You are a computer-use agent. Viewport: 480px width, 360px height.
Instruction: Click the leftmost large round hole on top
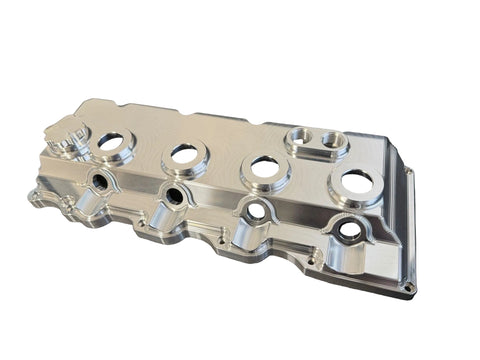tap(111, 141)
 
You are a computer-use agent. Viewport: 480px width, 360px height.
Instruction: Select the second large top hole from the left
tap(183, 153)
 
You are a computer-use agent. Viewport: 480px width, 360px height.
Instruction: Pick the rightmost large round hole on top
tap(357, 182)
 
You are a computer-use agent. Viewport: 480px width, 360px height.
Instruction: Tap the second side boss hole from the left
tap(175, 194)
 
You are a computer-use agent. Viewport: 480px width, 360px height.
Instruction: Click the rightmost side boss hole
tap(349, 229)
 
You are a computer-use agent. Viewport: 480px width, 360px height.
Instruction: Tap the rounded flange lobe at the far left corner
tap(37, 195)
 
